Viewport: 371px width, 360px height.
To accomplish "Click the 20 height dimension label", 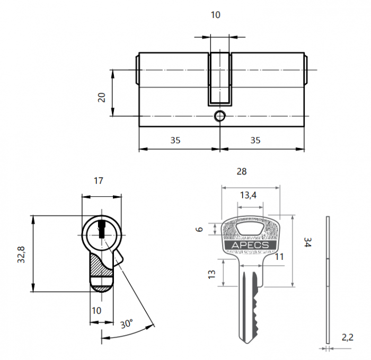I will pyautogui.click(x=102, y=97).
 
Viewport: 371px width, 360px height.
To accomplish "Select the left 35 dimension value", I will pyautogui.click(x=175, y=141).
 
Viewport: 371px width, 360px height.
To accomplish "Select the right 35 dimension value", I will pyautogui.click(x=255, y=141).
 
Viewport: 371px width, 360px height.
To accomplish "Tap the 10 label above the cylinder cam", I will pyautogui.click(x=215, y=15).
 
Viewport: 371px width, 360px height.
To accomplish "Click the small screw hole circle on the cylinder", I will pyautogui.click(x=219, y=116).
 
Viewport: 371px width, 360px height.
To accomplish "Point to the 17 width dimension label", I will pyautogui.click(x=98, y=181).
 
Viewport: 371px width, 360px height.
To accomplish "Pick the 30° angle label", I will pyautogui.click(x=126, y=323).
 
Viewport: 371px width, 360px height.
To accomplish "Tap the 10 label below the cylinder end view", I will pyautogui.click(x=96, y=311).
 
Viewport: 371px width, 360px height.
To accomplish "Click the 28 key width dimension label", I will pyautogui.click(x=242, y=171).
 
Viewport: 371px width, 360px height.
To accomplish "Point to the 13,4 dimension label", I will pyautogui.click(x=248, y=195).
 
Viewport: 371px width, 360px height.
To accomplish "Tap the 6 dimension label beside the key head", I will pyautogui.click(x=199, y=229).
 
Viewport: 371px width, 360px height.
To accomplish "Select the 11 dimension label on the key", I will pyautogui.click(x=280, y=257).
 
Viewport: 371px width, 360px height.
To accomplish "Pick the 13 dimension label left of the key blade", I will pyautogui.click(x=212, y=274).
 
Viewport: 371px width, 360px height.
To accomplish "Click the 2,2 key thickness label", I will pyautogui.click(x=348, y=336).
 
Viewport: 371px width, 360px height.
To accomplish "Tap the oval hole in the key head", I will pyautogui.click(x=250, y=229).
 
